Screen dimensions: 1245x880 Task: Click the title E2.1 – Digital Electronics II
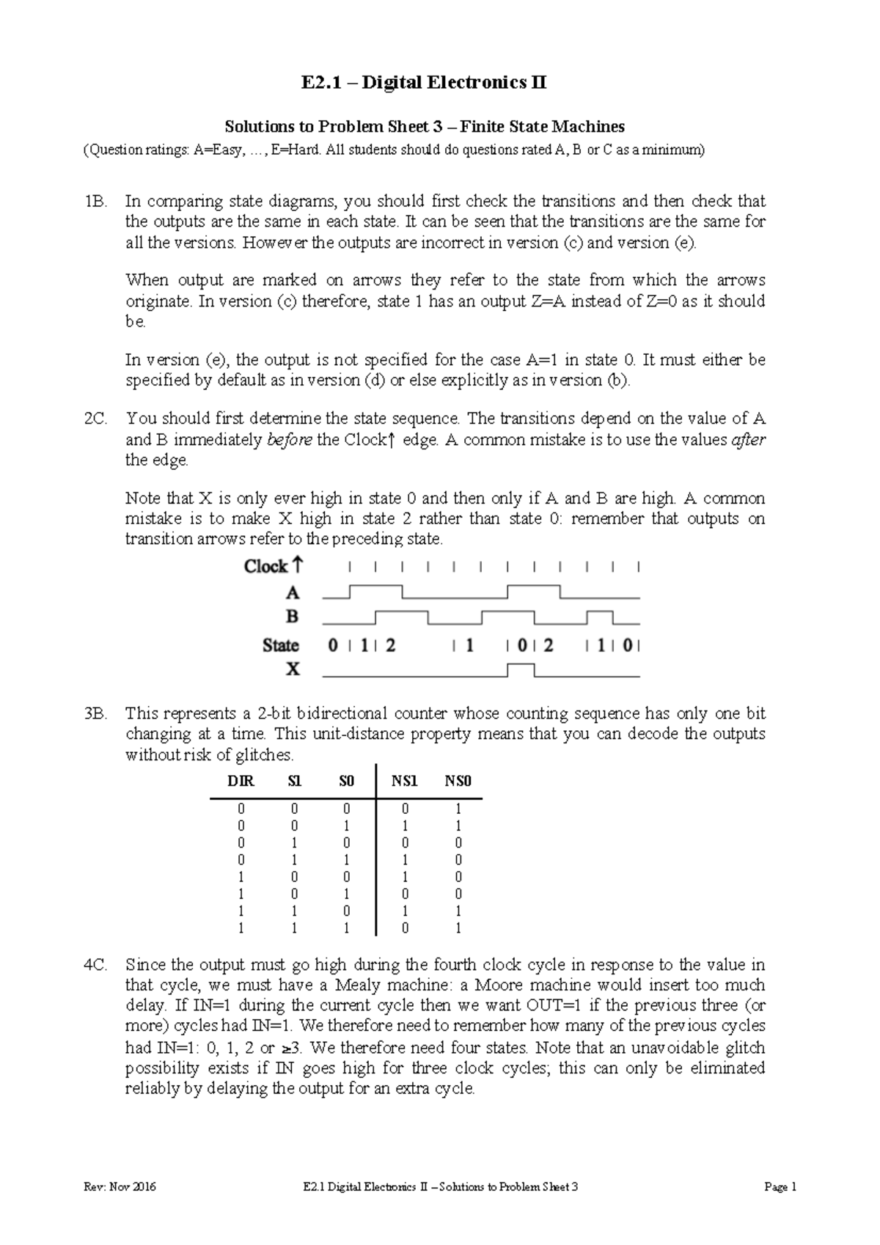424,83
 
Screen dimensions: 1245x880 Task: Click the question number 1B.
96,202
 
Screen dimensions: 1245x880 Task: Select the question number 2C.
96,419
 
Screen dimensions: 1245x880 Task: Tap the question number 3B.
96,713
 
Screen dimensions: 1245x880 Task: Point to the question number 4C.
96,965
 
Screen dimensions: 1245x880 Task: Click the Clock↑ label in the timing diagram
273,567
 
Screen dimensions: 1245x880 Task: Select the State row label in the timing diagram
281,646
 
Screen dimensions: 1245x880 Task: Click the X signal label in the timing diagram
292,669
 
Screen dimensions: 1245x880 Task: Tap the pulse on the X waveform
521,667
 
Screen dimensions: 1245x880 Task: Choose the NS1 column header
404,782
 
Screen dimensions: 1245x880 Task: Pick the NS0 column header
458,782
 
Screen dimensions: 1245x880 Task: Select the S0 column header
346,782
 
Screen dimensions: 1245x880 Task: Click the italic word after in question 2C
749,440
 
